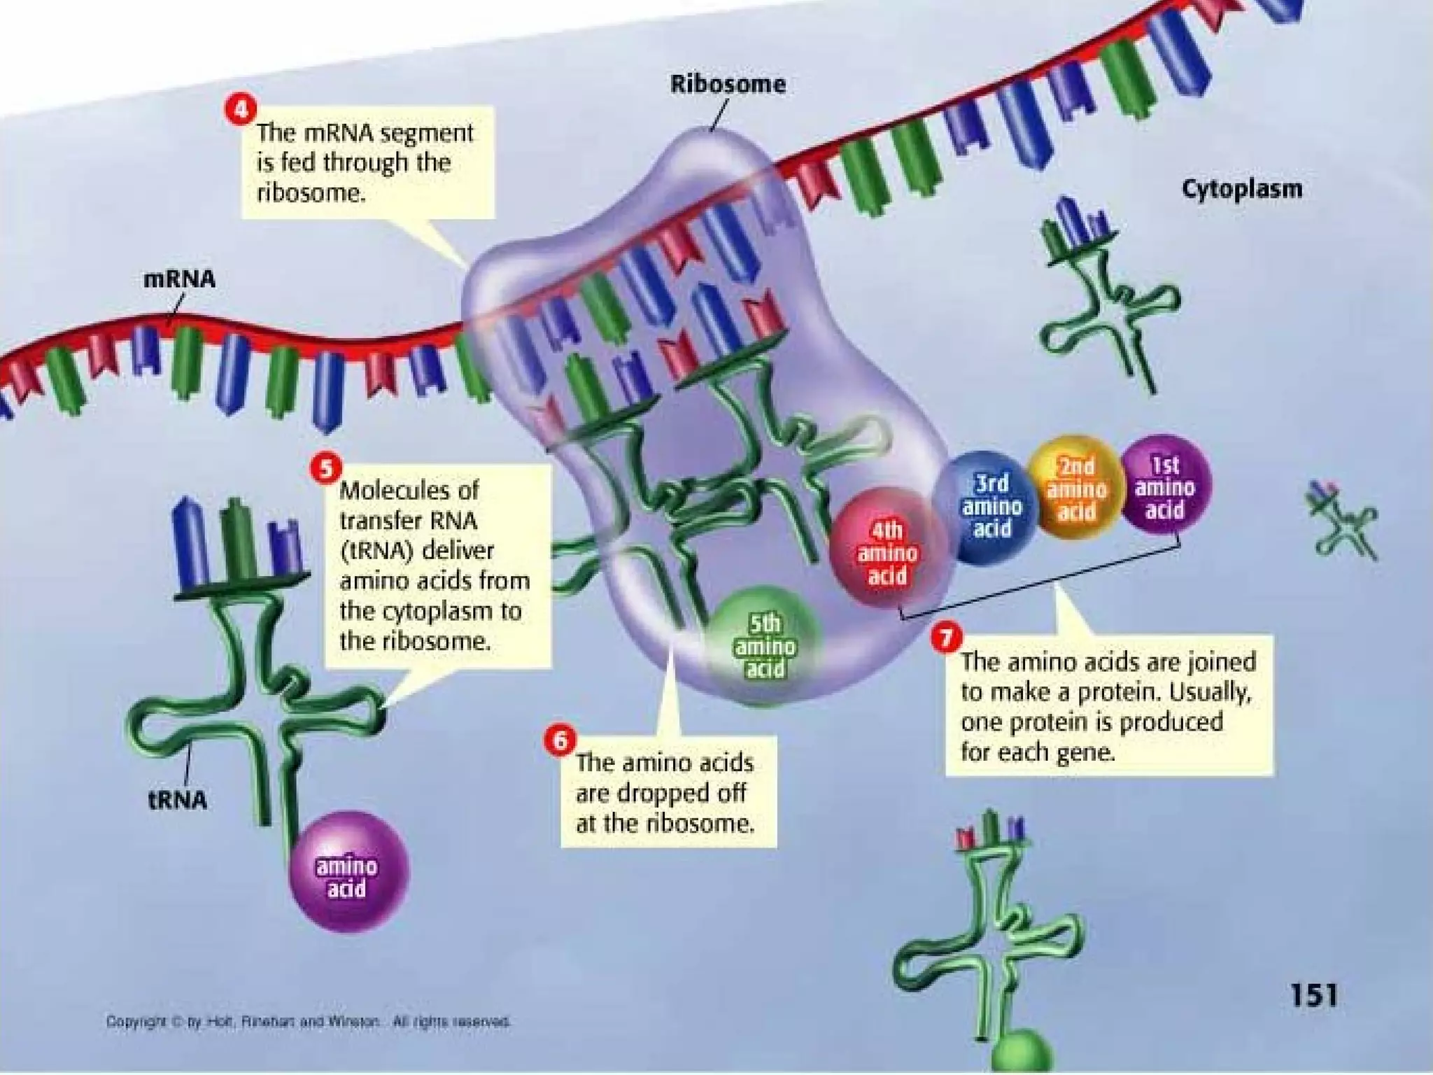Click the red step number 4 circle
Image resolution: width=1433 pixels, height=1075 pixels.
(240, 110)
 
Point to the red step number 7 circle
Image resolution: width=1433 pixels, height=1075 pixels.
(946, 638)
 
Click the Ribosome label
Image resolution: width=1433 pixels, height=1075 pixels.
(728, 85)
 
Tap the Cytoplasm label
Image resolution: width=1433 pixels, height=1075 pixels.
(1242, 189)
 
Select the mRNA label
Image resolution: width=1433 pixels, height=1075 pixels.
(179, 279)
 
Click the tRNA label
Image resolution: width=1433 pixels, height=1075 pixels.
(178, 799)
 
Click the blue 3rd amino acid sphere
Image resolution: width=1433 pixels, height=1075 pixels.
(991, 506)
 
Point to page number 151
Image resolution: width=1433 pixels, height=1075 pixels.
(1313, 995)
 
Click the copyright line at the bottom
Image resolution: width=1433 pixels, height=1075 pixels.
(308, 1022)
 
